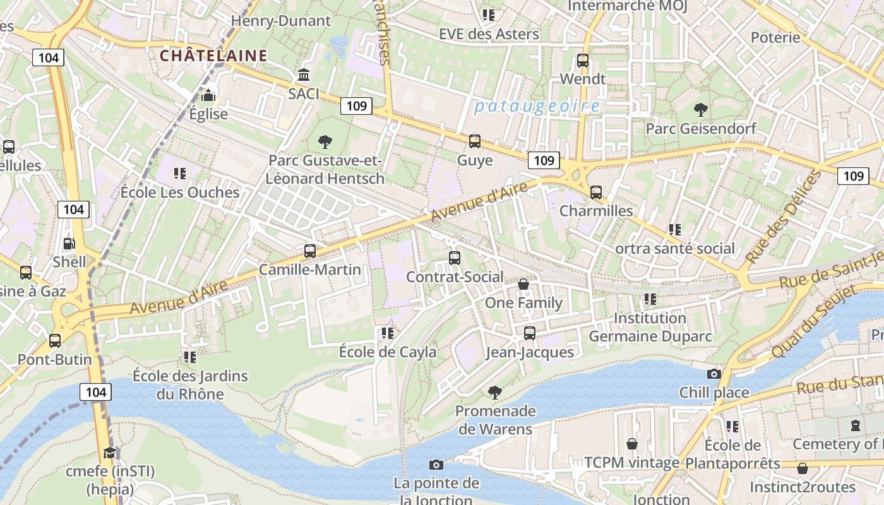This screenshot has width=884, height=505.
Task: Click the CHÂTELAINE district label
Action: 213,56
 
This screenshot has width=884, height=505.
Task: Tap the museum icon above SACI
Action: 304,74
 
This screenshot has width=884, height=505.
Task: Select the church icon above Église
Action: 208,95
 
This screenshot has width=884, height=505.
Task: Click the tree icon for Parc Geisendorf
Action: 700,110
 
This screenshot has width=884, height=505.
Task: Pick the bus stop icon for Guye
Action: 475,141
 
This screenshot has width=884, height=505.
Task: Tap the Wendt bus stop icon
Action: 583,61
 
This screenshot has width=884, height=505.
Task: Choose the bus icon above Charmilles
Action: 596,192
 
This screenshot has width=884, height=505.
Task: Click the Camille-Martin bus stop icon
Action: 310,251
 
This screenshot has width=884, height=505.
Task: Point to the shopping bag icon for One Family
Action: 523,284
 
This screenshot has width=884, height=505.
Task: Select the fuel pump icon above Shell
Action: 69,243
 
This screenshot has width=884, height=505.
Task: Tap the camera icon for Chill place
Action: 714,374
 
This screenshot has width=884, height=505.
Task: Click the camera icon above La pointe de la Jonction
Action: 436,465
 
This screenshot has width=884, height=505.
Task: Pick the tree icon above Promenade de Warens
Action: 495,393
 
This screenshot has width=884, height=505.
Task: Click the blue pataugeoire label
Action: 537,106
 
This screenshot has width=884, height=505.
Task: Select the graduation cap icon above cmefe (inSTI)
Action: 110,453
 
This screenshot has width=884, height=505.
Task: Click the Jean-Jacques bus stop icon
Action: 530,333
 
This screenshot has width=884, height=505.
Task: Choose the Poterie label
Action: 775,37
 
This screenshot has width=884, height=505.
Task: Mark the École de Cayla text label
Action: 388,352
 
